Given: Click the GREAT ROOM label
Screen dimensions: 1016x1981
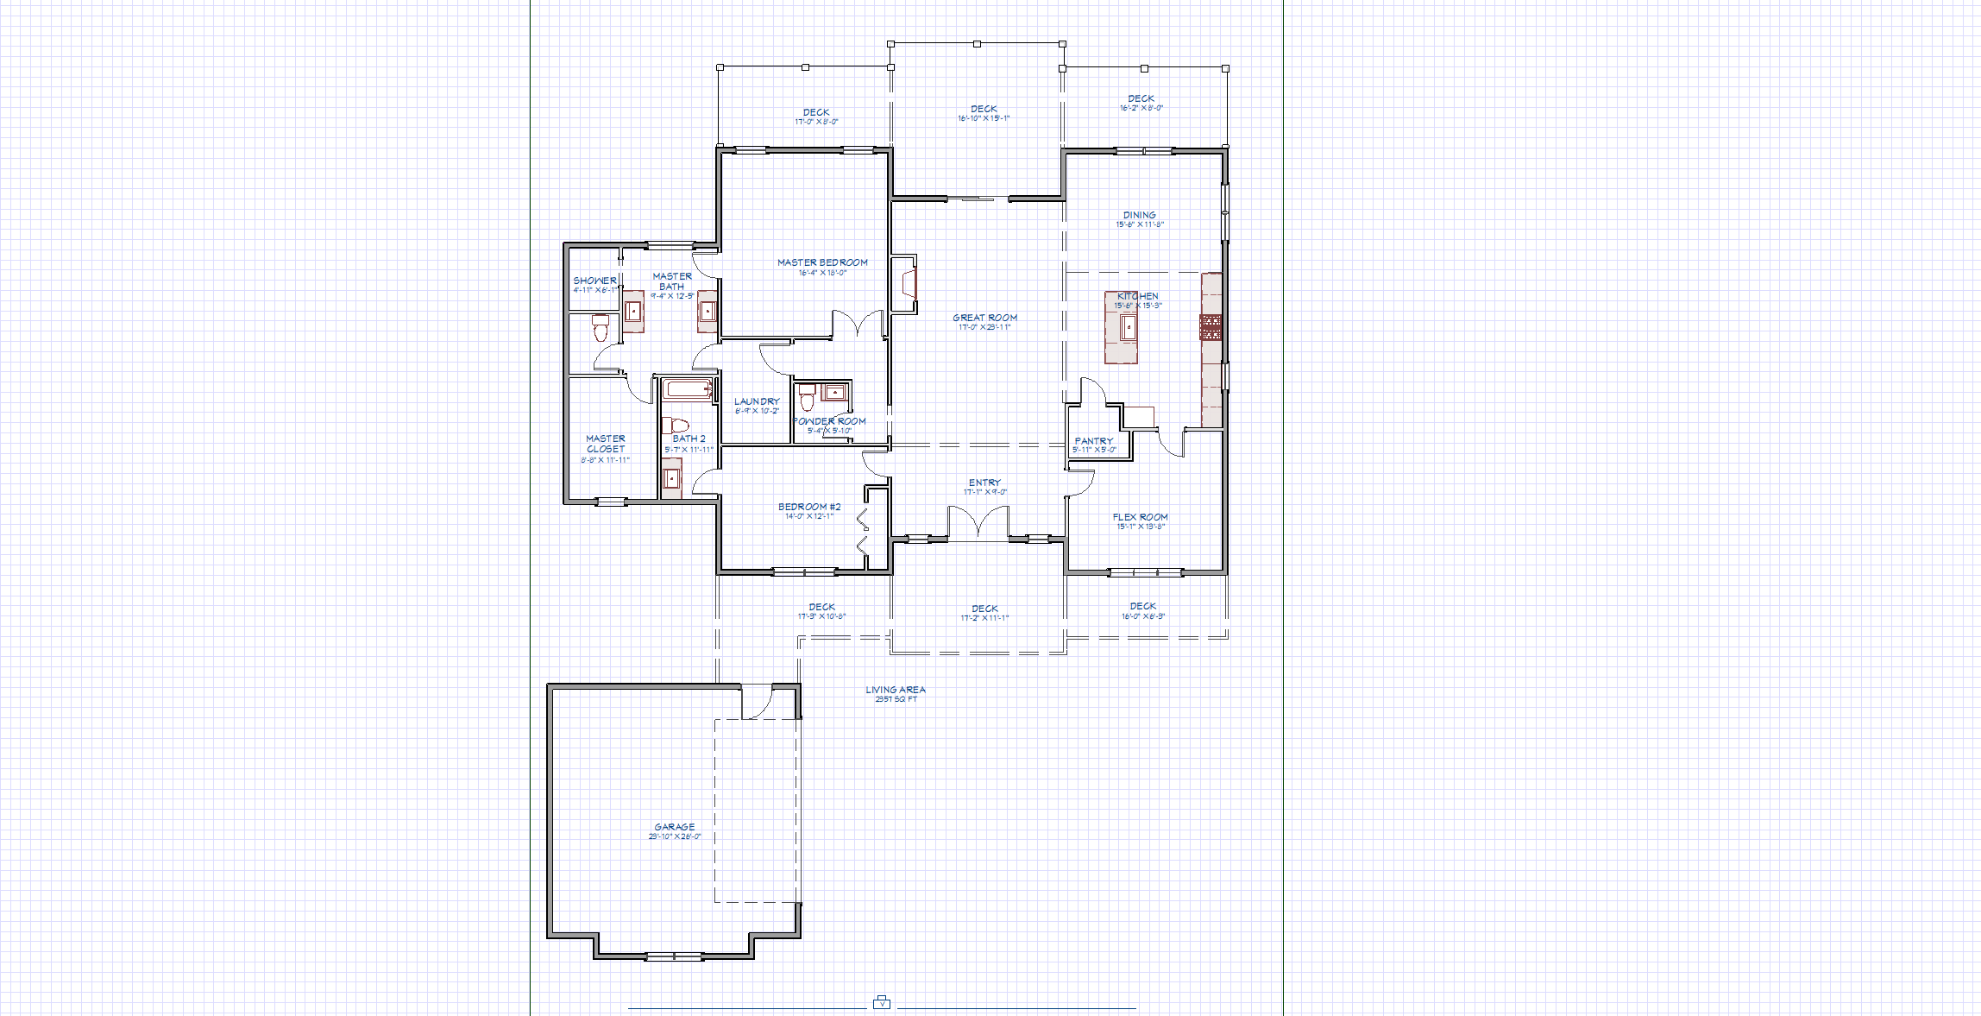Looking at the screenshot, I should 984,318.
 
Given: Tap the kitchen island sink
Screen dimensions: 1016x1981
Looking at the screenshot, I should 1128,327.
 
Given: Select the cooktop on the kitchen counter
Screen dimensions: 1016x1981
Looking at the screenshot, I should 1211,327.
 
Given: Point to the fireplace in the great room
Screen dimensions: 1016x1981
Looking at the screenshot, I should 907,283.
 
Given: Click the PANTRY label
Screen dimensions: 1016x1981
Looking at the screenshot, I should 1093,441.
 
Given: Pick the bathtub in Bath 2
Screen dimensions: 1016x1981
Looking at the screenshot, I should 688,388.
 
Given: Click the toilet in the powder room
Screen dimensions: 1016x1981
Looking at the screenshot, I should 807,399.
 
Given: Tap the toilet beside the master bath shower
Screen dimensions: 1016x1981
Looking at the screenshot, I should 601,328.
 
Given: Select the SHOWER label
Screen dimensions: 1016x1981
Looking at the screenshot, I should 594,281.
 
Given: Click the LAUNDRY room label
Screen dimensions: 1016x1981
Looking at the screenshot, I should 757,401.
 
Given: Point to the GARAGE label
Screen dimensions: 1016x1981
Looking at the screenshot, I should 674,827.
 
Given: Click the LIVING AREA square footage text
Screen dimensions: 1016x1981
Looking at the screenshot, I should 896,699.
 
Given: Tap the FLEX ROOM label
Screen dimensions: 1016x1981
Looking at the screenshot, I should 1140,517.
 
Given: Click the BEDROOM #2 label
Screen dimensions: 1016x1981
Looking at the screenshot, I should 809,507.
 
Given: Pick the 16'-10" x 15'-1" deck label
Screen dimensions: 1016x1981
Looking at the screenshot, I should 984,118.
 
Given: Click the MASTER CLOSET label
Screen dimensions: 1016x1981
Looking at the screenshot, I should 606,444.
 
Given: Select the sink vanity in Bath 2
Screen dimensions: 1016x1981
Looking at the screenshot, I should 671,478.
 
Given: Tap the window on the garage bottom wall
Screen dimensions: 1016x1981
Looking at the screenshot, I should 674,956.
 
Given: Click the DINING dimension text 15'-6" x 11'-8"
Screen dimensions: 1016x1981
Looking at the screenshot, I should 1140,224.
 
